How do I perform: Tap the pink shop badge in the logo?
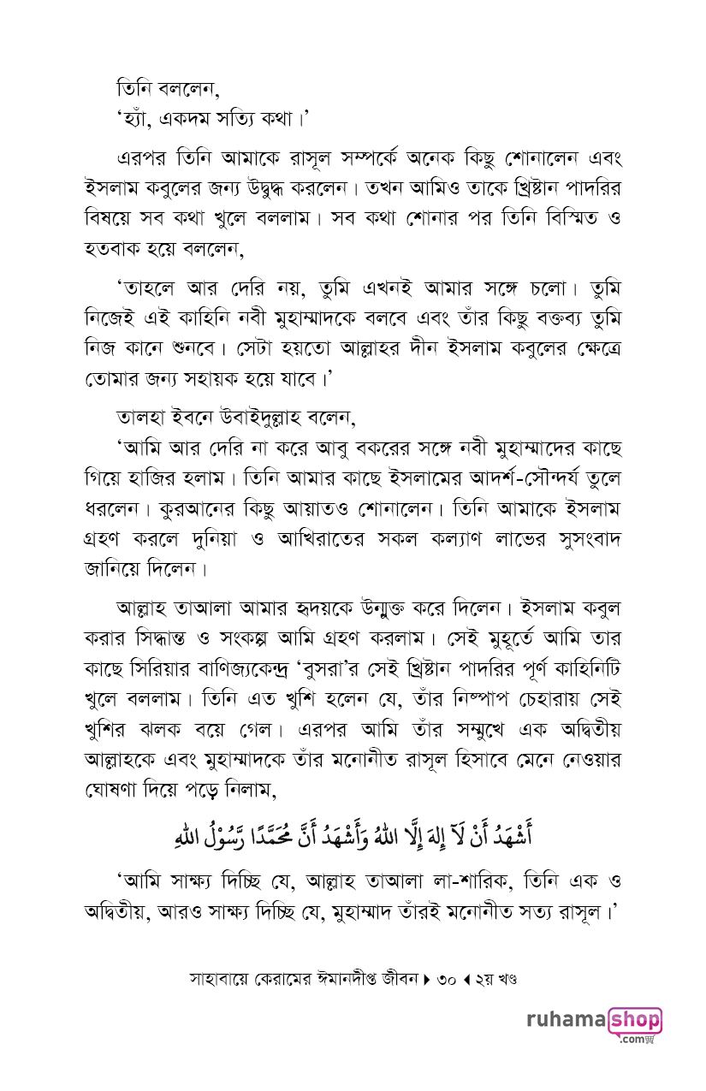tap(634, 1020)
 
